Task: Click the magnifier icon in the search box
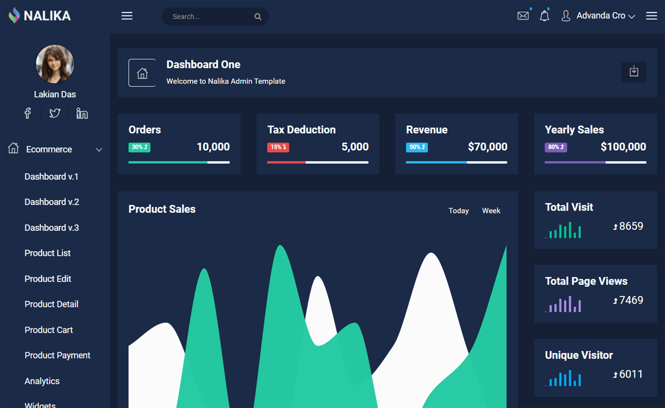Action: tap(258, 17)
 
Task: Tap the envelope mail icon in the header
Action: tap(523, 16)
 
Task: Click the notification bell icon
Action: tap(544, 16)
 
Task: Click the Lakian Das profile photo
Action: tap(55, 64)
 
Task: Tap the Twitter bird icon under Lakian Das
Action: tap(54, 113)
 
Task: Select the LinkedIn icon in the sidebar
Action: tap(82, 113)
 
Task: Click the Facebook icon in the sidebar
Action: tap(28, 113)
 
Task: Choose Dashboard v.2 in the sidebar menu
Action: tap(52, 202)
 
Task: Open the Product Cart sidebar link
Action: tap(48, 330)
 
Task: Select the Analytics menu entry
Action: tap(42, 381)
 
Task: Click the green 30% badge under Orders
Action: tap(139, 147)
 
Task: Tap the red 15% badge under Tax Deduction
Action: tap(278, 147)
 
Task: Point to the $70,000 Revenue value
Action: tap(487, 147)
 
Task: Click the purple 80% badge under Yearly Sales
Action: tap(556, 147)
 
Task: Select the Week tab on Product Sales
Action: tap(491, 211)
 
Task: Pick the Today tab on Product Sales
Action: tap(458, 211)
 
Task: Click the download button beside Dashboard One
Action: tap(633, 72)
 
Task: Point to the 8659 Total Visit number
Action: tap(631, 226)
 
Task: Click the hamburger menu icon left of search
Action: tap(127, 16)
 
